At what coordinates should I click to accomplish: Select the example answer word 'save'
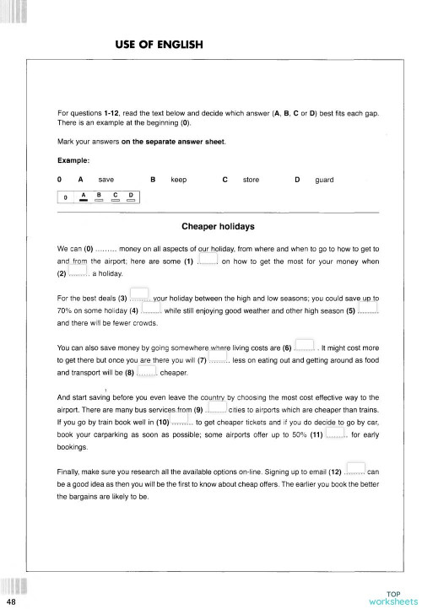[x=106, y=180]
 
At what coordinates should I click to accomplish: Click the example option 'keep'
[x=178, y=180]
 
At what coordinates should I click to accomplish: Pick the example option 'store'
[x=251, y=180]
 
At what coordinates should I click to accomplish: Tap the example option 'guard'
[x=324, y=180]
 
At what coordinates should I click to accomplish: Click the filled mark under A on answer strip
[x=84, y=201]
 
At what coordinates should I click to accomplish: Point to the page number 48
[x=9, y=602]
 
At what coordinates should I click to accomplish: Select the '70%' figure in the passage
[x=66, y=311]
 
